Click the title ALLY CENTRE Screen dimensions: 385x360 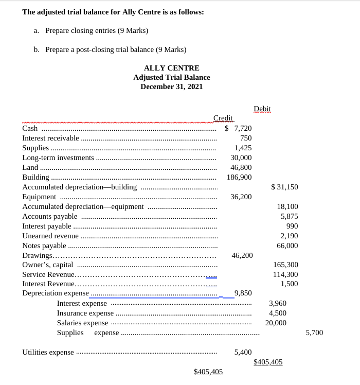pyautogui.click(x=171, y=68)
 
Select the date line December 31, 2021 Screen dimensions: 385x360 pyautogui.click(x=171, y=86)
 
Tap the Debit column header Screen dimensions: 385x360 pyautogui.click(x=262, y=109)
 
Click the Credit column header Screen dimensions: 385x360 pyautogui.click(x=223, y=118)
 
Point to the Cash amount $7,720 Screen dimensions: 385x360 pyautogui.click(x=239, y=128)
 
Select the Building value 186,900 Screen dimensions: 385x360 pyautogui.click(x=239, y=177)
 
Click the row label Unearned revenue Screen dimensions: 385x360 pyautogui.click(x=50, y=236)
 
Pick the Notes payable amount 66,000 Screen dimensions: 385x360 pyautogui.click(x=287, y=246)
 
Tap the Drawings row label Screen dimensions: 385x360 pyautogui.click(x=38, y=255)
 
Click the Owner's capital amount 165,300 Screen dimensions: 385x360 pyautogui.click(x=285, y=265)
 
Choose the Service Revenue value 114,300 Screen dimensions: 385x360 pyautogui.click(x=285, y=274)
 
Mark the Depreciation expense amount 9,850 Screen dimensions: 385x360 pyautogui.click(x=243, y=293)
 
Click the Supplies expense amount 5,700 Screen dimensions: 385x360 pyautogui.click(x=314, y=332)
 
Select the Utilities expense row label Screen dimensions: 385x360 pyautogui.click(x=48, y=352)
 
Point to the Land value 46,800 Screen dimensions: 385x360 pyautogui.click(x=241, y=167)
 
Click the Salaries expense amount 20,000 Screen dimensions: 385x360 pyautogui.click(x=276, y=323)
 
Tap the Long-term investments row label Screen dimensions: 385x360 pyautogui.click(x=58, y=157)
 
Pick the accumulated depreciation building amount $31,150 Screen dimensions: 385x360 pyautogui.click(x=284, y=187)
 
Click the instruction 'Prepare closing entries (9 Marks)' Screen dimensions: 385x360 pyautogui.click(x=97, y=30)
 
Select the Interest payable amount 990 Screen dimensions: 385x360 pyautogui.click(x=292, y=226)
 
